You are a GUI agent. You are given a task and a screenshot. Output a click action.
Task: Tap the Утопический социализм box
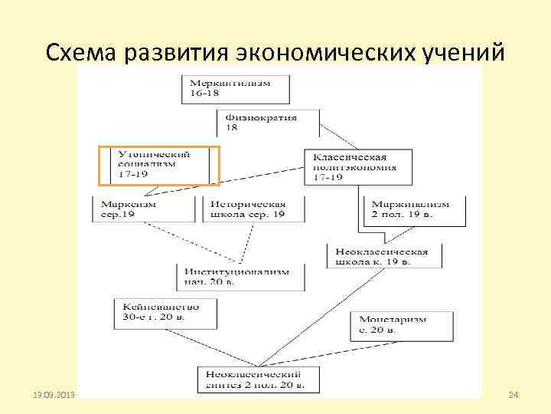point(159,165)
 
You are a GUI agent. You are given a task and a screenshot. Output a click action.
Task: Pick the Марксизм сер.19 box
point(142,209)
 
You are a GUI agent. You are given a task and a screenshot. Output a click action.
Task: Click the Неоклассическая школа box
point(383,256)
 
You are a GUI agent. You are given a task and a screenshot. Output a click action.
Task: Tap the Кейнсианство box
point(165,310)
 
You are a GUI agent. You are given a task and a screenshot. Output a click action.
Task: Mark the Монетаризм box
point(397,324)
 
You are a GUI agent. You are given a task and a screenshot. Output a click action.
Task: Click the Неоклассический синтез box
point(256,378)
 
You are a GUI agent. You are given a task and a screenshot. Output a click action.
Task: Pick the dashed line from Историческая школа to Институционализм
point(245,244)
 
